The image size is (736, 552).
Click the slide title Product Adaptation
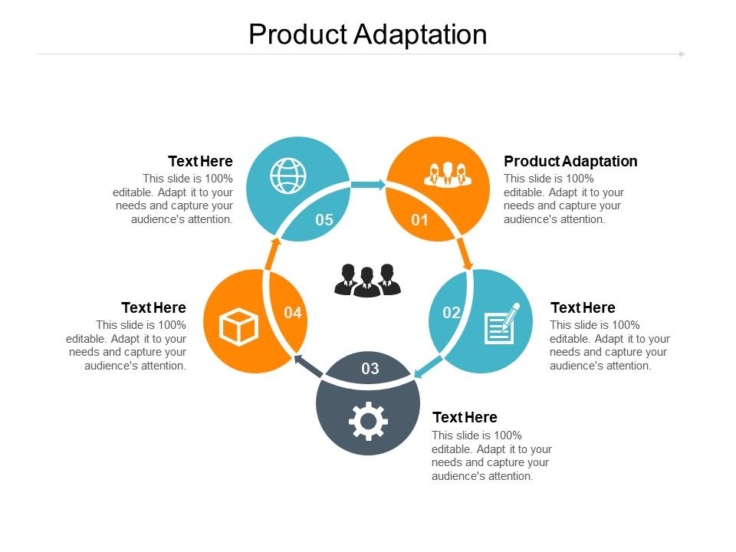367,35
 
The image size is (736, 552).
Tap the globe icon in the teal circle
287,175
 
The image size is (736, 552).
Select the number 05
324,220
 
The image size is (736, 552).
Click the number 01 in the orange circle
419,220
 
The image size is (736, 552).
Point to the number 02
451,312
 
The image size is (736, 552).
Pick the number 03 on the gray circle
370,369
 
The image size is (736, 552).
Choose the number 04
293,312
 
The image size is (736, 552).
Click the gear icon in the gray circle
368,421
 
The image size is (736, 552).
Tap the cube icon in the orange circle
239,327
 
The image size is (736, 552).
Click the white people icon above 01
448,175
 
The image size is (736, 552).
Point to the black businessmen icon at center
368,280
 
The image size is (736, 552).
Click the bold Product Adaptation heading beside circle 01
570,161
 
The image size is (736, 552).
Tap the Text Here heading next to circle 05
200,161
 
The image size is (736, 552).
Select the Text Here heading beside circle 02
583,307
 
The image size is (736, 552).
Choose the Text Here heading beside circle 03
465,417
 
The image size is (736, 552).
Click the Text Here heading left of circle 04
153,307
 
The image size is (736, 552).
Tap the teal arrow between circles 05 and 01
368,185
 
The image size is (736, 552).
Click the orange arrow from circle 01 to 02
465,254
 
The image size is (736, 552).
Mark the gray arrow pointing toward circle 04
309,366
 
